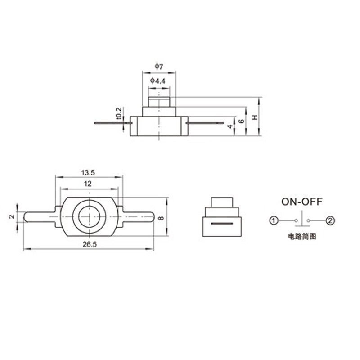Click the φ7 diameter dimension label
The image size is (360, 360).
159,67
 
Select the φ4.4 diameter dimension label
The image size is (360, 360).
158,81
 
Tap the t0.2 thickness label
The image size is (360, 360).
119,113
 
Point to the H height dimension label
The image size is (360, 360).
255,117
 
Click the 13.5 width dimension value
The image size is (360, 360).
88,173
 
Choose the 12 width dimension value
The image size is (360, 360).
88,184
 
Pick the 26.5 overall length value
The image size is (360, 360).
90,244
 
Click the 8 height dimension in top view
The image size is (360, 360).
162,218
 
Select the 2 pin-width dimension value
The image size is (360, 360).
12,216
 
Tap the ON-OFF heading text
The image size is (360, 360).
302,202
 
